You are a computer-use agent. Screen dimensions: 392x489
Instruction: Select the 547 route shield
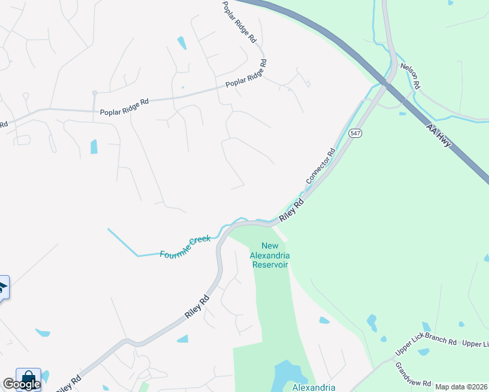click(x=355, y=133)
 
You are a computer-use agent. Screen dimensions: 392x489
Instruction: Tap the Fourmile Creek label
click(x=185, y=246)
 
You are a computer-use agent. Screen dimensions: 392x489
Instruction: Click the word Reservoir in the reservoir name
click(x=269, y=265)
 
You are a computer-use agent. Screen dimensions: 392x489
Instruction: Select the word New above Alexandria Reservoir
click(x=270, y=246)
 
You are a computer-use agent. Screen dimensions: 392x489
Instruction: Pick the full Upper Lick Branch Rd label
click(x=426, y=346)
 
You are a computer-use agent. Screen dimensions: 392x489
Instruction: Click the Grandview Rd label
click(x=414, y=374)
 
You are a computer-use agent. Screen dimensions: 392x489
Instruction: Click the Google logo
click(x=21, y=384)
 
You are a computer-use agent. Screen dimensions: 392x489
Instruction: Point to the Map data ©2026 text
click(x=461, y=387)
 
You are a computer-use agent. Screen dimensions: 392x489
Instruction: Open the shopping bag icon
click(x=28, y=379)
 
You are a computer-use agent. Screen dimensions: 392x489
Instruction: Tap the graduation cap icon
click(x=3, y=287)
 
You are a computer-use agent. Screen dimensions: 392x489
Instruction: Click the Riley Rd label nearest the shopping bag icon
click(x=68, y=383)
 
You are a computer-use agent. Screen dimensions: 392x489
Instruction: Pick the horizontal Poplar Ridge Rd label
click(x=124, y=107)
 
